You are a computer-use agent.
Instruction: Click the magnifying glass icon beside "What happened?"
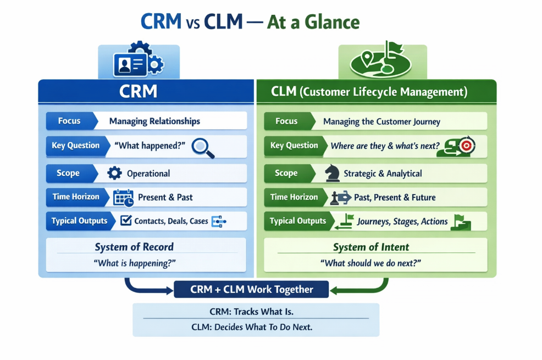point(204,147)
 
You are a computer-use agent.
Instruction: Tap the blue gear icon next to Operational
point(114,174)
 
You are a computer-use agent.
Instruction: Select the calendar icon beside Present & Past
point(123,197)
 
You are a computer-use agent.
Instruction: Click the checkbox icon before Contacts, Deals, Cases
point(125,221)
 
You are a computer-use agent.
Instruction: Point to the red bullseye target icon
point(466,146)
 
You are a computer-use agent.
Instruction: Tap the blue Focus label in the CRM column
point(70,121)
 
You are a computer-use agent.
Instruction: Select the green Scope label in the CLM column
point(286,173)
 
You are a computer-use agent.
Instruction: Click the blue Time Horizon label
point(76,197)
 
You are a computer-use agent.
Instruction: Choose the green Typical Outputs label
point(297,221)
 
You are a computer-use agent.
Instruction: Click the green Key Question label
point(294,146)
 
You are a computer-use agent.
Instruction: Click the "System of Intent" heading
point(371,247)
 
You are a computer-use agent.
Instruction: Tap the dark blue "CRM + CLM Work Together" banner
point(251,290)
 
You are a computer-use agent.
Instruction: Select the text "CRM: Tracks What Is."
point(251,312)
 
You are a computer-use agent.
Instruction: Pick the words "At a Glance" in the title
point(313,22)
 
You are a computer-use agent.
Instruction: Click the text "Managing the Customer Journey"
point(381,121)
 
